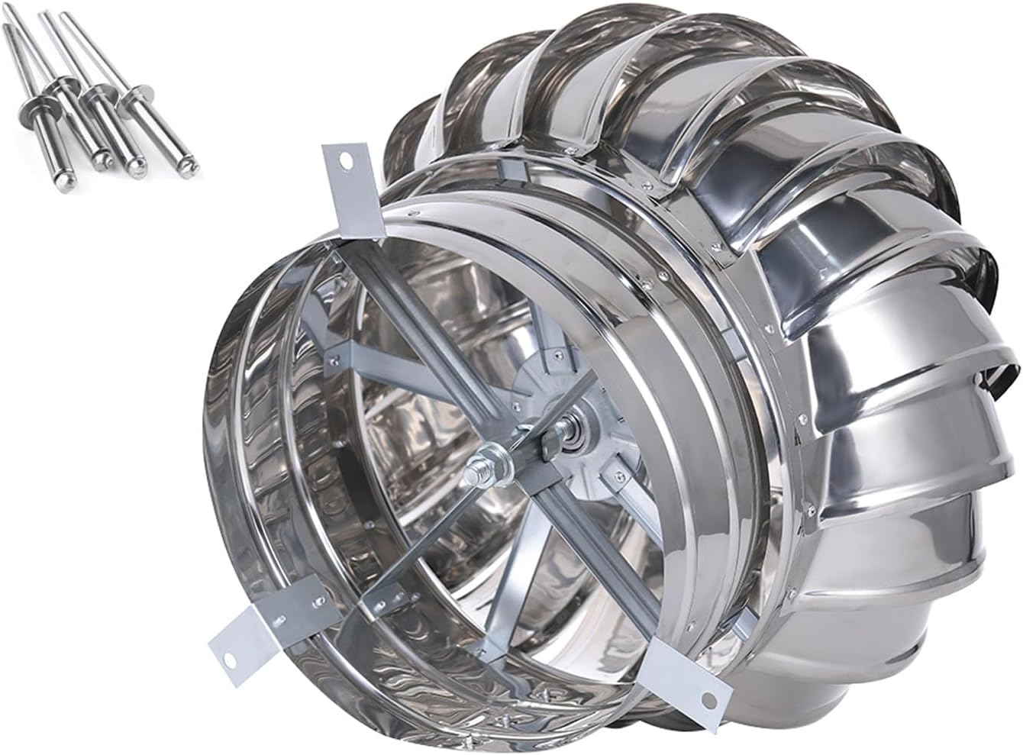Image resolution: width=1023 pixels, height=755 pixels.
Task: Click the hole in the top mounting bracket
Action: (344, 162)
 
